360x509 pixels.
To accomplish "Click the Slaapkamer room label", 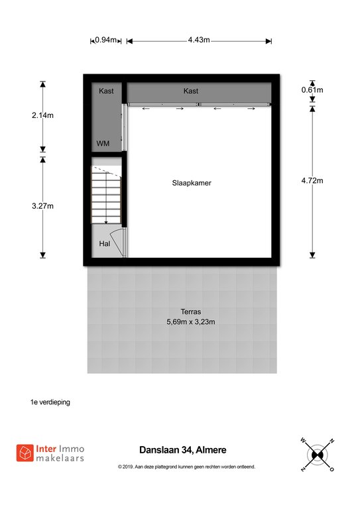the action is tap(192, 183).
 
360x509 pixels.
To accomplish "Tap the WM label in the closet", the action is tap(103, 143).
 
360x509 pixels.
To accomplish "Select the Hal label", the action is tap(105, 243).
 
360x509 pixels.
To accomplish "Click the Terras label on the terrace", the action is tap(191, 311).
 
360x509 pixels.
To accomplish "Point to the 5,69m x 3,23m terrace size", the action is tap(191, 322).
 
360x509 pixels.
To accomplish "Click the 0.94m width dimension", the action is tap(106, 40).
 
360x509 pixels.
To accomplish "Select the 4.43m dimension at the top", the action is tap(199, 40).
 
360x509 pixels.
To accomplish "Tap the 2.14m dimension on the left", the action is tap(42, 115).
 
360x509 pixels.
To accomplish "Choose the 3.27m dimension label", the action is tap(42, 206).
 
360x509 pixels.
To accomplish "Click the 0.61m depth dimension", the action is tap(312, 90).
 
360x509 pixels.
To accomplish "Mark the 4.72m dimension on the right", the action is tap(312, 181).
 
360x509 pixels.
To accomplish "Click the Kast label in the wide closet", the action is tap(191, 91).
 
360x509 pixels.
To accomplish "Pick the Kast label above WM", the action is tap(106, 91).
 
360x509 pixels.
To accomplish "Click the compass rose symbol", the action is tap(318, 455).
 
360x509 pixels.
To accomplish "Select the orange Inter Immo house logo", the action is tap(25, 453).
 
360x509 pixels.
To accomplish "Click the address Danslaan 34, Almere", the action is tap(183, 450).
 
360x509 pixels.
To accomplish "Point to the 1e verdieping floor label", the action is tap(50, 402).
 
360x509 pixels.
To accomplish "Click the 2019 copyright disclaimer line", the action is tap(187, 467).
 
